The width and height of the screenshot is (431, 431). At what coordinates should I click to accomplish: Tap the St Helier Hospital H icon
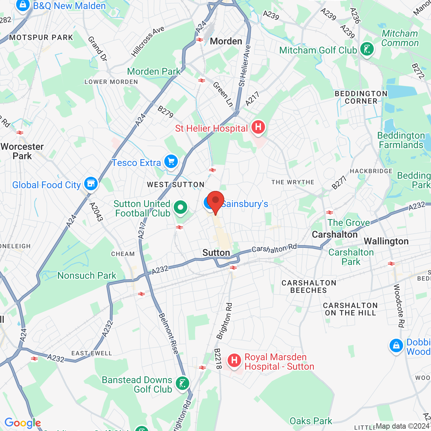tap(258, 127)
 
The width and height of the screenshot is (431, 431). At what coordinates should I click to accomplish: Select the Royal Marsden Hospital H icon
tap(234, 361)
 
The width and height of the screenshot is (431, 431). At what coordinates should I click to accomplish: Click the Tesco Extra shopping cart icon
tap(171, 162)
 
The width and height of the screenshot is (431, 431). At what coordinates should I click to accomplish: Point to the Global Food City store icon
tap(91, 184)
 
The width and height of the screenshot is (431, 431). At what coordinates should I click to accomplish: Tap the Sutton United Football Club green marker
tap(181, 207)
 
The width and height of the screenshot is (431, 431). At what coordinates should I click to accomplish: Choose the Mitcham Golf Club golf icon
tap(367, 49)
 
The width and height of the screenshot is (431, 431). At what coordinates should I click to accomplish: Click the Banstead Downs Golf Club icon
tap(183, 383)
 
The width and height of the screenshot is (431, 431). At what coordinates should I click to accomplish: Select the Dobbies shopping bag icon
tap(396, 346)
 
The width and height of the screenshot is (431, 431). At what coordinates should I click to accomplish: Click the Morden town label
tap(226, 41)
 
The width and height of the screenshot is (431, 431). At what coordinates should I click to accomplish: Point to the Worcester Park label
tap(22, 151)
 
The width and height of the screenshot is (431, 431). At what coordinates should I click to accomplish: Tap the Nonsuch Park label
tap(87, 275)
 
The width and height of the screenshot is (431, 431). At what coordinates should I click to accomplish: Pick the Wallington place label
tap(386, 241)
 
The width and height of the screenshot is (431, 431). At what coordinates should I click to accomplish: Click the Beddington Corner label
tap(361, 97)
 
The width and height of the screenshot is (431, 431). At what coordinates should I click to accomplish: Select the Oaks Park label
tap(311, 421)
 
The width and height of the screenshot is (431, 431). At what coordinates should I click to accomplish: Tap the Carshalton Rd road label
tap(274, 248)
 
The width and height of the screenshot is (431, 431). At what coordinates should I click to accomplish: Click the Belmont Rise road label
tap(168, 333)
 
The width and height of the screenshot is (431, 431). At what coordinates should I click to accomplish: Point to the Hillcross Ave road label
tap(148, 41)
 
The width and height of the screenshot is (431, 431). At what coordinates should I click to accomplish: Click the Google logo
tap(23, 423)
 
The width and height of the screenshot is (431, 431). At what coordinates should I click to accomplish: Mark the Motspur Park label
tap(41, 37)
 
